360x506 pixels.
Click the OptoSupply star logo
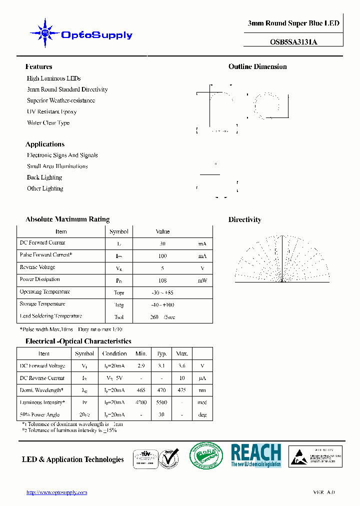(45, 33)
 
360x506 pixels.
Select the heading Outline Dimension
(257, 66)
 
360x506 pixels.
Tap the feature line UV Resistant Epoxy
(51, 111)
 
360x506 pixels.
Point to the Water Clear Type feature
(48, 122)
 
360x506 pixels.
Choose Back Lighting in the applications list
(44, 177)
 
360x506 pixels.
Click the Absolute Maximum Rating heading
(67, 219)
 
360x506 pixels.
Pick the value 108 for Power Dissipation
(162, 280)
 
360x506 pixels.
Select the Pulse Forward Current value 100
(162, 256)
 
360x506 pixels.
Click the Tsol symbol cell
(119, 317)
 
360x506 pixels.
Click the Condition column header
(114, 353)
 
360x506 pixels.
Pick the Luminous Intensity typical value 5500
(162, 402)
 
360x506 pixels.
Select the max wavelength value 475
(181, 390)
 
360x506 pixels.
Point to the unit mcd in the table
(202, 402)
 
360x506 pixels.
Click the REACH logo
(255, 455)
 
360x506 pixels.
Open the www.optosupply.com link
(56, 492)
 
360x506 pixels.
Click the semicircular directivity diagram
(282, 262)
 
